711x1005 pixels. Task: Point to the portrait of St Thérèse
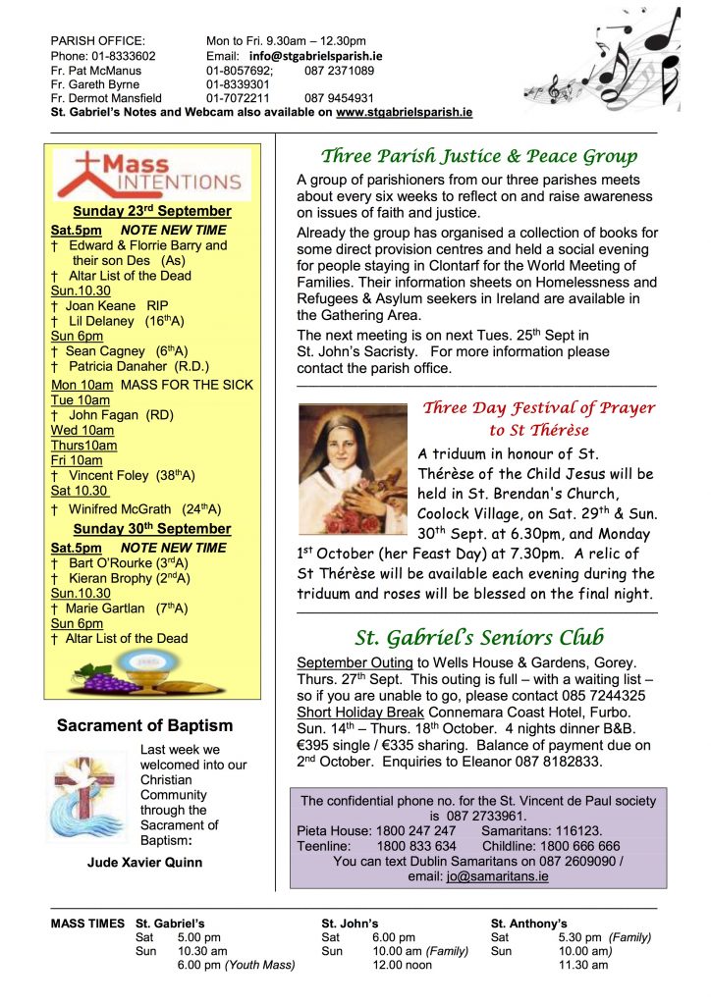[351, 455]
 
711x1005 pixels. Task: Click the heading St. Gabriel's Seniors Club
[479, 637]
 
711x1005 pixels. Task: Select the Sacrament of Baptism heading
[144, 726]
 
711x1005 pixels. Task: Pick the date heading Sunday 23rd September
[152, 211]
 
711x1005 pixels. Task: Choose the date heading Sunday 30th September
[152, 529]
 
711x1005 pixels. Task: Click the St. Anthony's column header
[528, 924]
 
